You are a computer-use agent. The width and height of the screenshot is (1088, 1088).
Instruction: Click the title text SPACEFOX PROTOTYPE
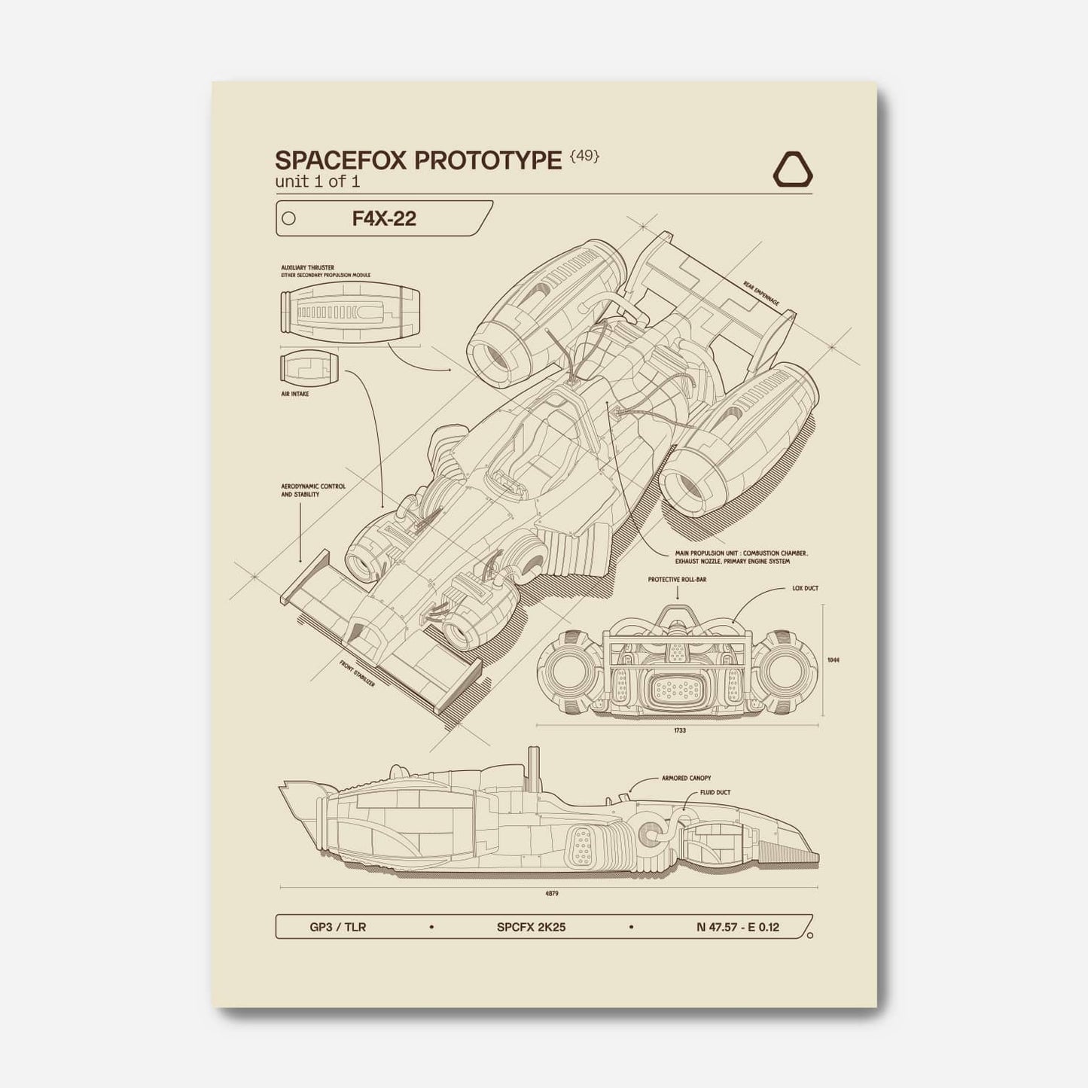[x=418, y=160]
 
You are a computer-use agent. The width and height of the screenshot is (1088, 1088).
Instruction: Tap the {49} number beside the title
[x=585, y=157]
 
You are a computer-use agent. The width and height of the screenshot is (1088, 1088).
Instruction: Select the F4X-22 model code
[x=384, y=218]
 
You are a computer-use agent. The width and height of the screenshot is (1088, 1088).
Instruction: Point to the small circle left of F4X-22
[x=288, y=219]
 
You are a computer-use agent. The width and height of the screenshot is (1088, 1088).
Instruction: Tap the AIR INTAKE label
[x=295, y=393]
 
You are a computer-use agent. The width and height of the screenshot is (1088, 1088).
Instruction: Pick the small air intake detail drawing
[x=309, y=368]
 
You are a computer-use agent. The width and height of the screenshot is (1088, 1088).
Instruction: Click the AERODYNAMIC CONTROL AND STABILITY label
[x=313, y=490]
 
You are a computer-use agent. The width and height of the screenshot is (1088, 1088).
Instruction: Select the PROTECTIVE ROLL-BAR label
[x=676, y=580]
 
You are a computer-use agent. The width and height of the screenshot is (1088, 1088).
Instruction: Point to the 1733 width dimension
[x=681, y=730]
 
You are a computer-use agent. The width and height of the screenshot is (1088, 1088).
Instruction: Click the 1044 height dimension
[x=833, y=660]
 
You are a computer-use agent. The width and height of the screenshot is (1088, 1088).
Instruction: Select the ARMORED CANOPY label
[x=686, y=778]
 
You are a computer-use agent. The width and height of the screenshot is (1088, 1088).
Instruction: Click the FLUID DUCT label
[x=715, y=792]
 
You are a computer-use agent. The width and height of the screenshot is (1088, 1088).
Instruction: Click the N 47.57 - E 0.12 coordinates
[x=738, y=927]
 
